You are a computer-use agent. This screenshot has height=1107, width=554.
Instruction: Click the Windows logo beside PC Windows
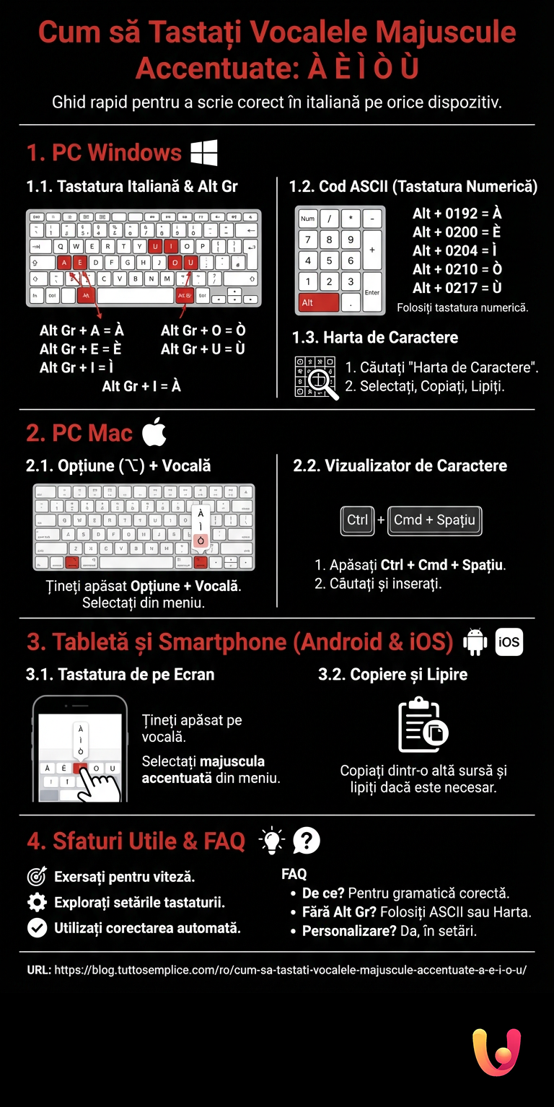click(204, 153)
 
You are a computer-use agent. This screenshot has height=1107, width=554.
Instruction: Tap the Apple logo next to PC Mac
click(154, 432)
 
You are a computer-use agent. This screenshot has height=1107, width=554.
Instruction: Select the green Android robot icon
click(474, 642)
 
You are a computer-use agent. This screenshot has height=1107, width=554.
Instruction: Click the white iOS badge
click(509, 642)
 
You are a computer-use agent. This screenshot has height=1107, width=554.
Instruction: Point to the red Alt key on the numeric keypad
click(317, 302)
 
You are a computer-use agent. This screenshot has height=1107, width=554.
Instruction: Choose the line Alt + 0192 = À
click(457, 214)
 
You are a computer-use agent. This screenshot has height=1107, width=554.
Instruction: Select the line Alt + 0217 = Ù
click(457, 288)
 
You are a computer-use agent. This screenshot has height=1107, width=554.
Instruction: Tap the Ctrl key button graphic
click(357, 520)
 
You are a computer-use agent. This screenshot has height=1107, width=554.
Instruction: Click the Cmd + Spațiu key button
click(434, 520)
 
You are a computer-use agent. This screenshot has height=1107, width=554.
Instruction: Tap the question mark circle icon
click(307, 841)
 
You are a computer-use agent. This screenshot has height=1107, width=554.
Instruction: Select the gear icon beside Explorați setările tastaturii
click(36, 902)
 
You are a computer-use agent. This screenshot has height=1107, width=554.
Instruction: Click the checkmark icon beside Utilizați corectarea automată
click(36, 928)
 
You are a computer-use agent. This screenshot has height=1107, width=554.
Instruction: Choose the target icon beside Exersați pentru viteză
click(36, 877)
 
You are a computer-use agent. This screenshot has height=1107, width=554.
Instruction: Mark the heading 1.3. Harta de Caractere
click(374, 338)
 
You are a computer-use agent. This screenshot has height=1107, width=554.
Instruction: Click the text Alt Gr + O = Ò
click(203, 331)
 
